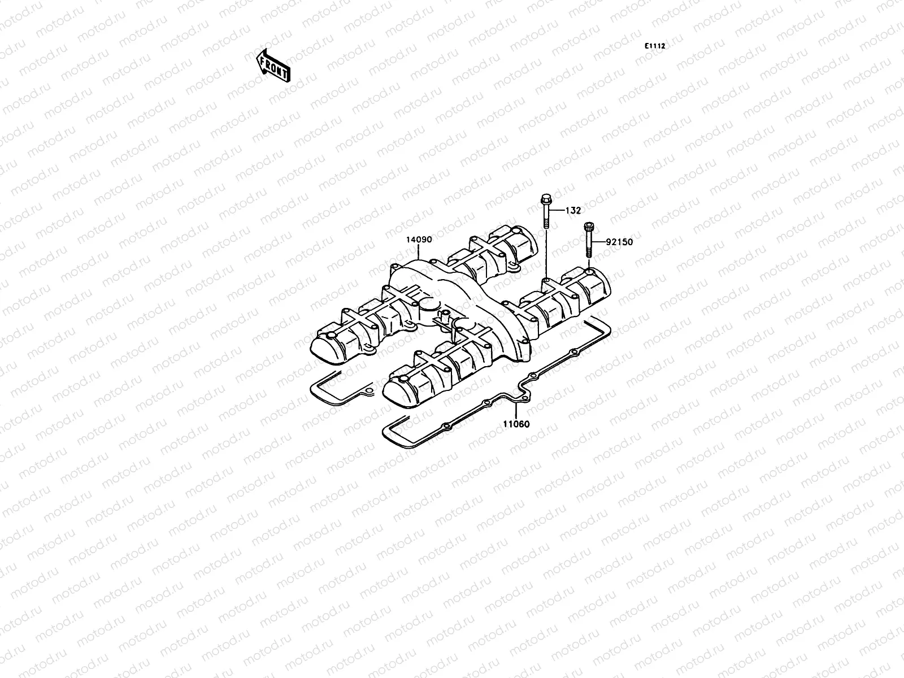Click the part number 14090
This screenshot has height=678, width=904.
click(418, 240)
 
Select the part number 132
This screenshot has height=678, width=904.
click(573, 211)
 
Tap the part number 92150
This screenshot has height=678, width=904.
click(619, 242)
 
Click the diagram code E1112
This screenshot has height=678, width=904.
click(656, 46)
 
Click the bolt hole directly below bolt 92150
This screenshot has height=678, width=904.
click(589, 272)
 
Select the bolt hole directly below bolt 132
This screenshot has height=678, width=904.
click(546, 279)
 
